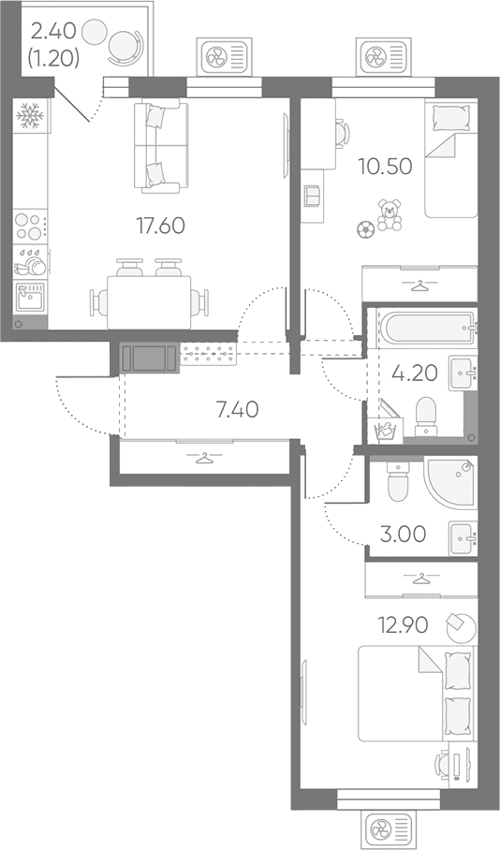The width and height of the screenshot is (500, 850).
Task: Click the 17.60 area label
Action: click(160, 226)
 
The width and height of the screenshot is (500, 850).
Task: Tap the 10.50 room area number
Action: click(385, 167)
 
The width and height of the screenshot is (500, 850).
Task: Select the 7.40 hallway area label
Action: click(237, 410)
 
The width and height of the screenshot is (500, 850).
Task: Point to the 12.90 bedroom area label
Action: click(404, 625)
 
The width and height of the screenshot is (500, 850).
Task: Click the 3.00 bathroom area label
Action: click(403, 535)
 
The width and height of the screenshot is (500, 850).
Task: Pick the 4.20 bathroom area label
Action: click(414, 373)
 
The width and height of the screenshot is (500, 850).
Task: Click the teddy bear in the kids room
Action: click(390, 214)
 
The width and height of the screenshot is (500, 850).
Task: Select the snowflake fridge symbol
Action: click(29, 115)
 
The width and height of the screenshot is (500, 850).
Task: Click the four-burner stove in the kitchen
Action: click(29, 227)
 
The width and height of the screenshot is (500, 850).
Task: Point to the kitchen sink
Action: click(30, 297)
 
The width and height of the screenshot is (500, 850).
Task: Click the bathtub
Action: click(427, 328)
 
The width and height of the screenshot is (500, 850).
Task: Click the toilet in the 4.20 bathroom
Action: click(426, 417)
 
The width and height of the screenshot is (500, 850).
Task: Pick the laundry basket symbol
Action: click(388, 428)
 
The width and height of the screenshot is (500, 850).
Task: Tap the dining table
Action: click(149, 302)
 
